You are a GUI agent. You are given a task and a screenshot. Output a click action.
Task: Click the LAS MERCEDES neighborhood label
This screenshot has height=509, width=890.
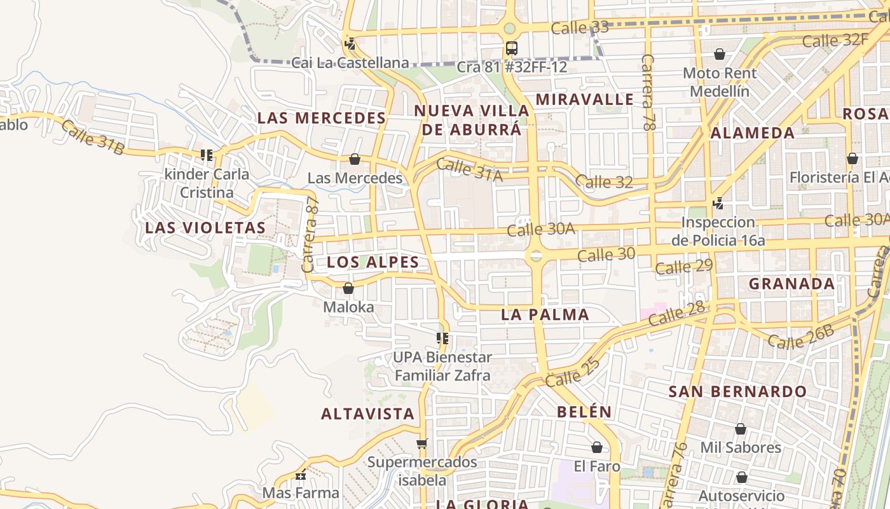pyautogui.click(x=321, y=118)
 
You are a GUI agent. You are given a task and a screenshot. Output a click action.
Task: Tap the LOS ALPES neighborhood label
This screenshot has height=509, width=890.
pyautogui.click(x=373, y=262)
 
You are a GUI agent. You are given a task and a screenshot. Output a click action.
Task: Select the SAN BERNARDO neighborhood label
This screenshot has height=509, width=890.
pyautogui.click(x=737, y=391)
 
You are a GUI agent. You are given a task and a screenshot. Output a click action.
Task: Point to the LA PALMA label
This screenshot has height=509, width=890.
pyautogui.click(x=545, y=314)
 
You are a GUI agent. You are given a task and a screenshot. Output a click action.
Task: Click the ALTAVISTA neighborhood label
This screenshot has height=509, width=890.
pyautogui.click(x=367, y=414)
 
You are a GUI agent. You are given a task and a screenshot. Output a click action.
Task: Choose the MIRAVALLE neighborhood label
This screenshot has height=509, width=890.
pyautogui.click(x=584, y=99)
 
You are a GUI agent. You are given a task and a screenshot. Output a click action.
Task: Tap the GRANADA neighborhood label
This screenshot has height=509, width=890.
pyautogui.click(x=791, y=284)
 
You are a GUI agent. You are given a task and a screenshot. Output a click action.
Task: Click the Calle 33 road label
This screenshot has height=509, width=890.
pyautogui.click(x=579, y=28)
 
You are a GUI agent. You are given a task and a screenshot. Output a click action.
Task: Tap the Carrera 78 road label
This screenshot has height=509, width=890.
pyautogui.click(x=648, y=93)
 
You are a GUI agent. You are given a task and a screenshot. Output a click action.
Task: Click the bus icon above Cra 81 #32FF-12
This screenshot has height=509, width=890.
pyautogui.click(x=511, y=48)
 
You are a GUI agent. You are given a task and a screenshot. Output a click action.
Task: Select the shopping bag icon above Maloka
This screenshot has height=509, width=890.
pyautogui.click(x=348, y=288)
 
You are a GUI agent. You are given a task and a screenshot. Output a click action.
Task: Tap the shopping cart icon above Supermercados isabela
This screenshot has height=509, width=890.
pyautogui.click(x=421, y=443)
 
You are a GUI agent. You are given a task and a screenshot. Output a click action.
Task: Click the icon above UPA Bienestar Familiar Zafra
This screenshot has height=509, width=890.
pyautogui.click(x=442, y=338)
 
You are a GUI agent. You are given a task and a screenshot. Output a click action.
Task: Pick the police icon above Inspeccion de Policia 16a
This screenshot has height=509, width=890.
pyautogui.click(x=718, y=204)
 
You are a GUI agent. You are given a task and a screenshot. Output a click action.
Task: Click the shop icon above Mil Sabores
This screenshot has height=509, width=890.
pyautogui.click(x=740, y=429)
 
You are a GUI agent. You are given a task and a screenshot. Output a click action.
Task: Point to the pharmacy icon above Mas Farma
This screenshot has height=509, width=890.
pyautogui.click(x=301, y=475)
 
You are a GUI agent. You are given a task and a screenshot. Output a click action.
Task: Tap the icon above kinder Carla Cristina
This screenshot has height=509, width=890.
pyautogui.click(x=206, y=155)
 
